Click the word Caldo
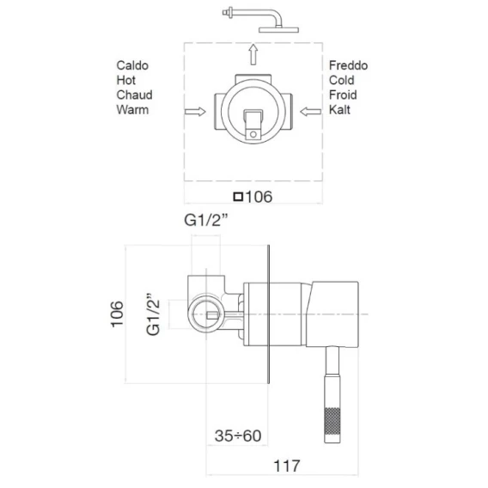(x=132, y=65)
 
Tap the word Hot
(x=126, y=80)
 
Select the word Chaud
(x=134, y=95)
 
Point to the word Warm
(x=132, y=110)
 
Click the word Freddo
(x=348, y=65)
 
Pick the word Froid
(x=343, y=95)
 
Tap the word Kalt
(x=339, y=110)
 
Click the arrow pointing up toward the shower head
(x=253, y=54)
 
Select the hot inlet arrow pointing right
(x=195, y=112)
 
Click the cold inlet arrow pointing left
(x=311, y=112)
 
